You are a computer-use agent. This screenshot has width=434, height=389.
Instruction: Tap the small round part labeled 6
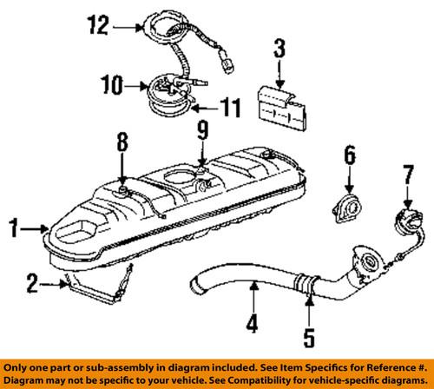click(x=347, y=212)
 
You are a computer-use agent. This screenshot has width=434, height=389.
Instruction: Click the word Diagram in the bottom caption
click(x=27, y=380)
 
